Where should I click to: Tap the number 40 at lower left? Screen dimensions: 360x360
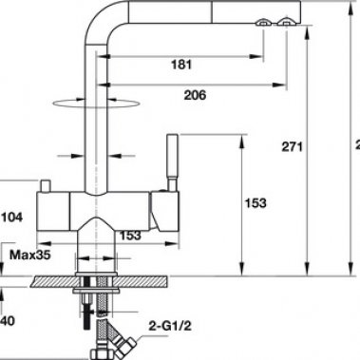[8, 321]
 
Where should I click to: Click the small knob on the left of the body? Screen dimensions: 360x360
[45, 183]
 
